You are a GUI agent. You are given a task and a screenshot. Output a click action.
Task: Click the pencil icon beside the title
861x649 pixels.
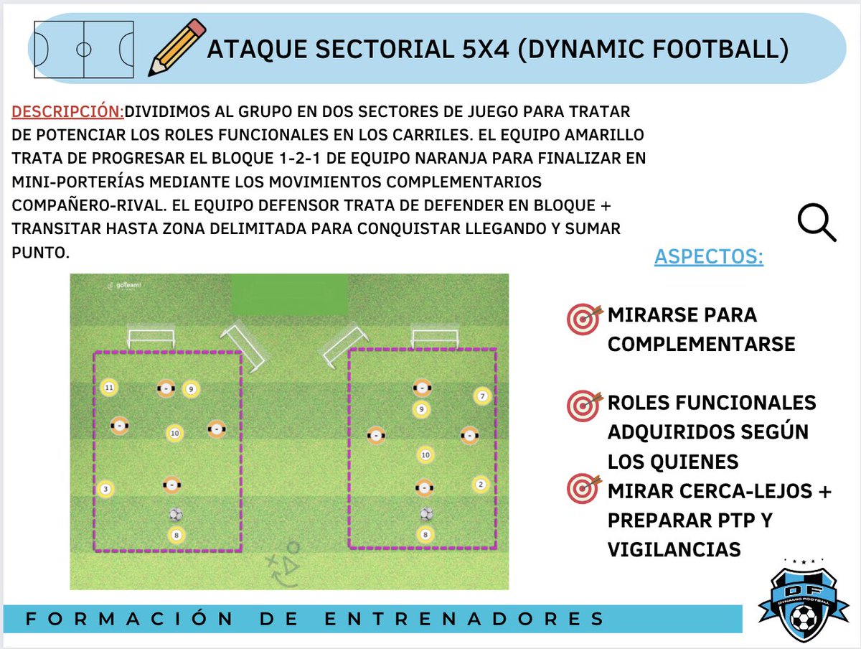coord(177,47)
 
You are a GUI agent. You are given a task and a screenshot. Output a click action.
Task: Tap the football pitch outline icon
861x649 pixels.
coord(84,50)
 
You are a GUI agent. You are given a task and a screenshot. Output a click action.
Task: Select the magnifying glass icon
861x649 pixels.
coord(817,222)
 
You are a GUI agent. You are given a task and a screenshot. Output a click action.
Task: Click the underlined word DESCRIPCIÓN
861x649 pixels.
coord(68,112)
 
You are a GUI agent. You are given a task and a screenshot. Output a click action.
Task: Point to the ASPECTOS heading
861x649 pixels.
coord(708,257)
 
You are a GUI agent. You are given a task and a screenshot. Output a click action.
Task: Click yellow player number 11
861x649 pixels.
coord(108,388)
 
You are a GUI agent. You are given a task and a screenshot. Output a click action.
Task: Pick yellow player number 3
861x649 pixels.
coord(105,489)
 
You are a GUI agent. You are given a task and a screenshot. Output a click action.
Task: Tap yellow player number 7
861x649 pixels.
coord(482,396)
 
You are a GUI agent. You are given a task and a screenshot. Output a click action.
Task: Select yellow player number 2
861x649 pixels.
coord(481,484)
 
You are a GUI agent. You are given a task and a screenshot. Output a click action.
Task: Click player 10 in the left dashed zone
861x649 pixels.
coord(174,433)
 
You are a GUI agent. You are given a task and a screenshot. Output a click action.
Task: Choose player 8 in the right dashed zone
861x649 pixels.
coord(425,534)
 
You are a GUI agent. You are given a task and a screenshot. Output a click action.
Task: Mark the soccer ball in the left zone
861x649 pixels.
coord(176,514)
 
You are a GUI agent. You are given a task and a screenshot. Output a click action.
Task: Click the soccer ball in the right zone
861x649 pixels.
coord(426,514)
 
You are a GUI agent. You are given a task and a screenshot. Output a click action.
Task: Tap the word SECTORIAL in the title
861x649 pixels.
coord(359,50)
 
